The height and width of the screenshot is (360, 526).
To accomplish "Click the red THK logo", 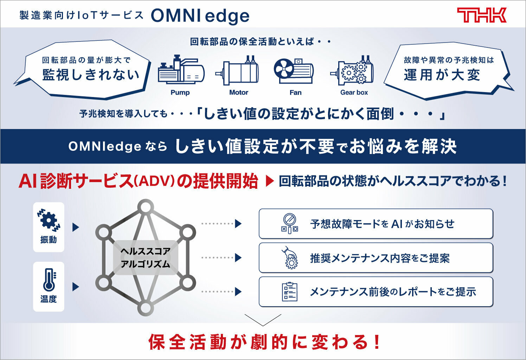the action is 481,15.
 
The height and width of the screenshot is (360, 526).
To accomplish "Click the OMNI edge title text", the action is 200,16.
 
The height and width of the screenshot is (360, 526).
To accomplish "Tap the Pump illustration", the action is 181,70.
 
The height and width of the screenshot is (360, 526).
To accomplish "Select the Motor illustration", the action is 237,70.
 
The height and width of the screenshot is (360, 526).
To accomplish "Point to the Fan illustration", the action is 294,71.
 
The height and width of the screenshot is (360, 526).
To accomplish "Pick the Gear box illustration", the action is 352,70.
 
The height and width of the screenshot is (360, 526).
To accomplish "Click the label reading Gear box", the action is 354,92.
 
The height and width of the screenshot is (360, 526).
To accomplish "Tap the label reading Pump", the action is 180,92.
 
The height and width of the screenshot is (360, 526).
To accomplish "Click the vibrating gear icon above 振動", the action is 49,220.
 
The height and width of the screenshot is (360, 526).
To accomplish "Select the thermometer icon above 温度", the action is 49,280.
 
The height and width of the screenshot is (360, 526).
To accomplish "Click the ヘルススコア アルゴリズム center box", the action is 145,258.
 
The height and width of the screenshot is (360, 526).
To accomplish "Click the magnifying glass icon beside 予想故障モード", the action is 289,224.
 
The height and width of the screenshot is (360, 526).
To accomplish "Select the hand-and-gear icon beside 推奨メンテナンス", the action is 290,258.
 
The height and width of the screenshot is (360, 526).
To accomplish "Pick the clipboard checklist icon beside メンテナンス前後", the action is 289,292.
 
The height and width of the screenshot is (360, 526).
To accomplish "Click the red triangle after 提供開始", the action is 270,181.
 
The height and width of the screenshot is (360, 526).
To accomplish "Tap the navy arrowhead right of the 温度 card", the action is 76,287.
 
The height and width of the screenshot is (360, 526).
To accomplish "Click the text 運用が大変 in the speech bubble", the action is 442,75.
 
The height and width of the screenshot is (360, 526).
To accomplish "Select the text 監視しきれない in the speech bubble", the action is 91,75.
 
